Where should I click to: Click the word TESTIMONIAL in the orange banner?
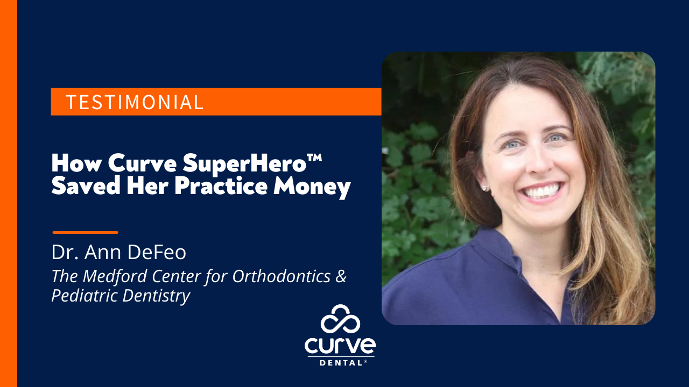coord(135,102)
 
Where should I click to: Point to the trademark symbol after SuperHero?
coord(317,157)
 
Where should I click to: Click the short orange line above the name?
coord(85,232)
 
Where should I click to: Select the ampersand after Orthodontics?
coord(341,276)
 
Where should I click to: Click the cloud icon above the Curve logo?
coord(340,319)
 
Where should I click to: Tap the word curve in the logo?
coord(340,345)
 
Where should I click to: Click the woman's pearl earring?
coord(483,188)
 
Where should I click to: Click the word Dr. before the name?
coord(62,252)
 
